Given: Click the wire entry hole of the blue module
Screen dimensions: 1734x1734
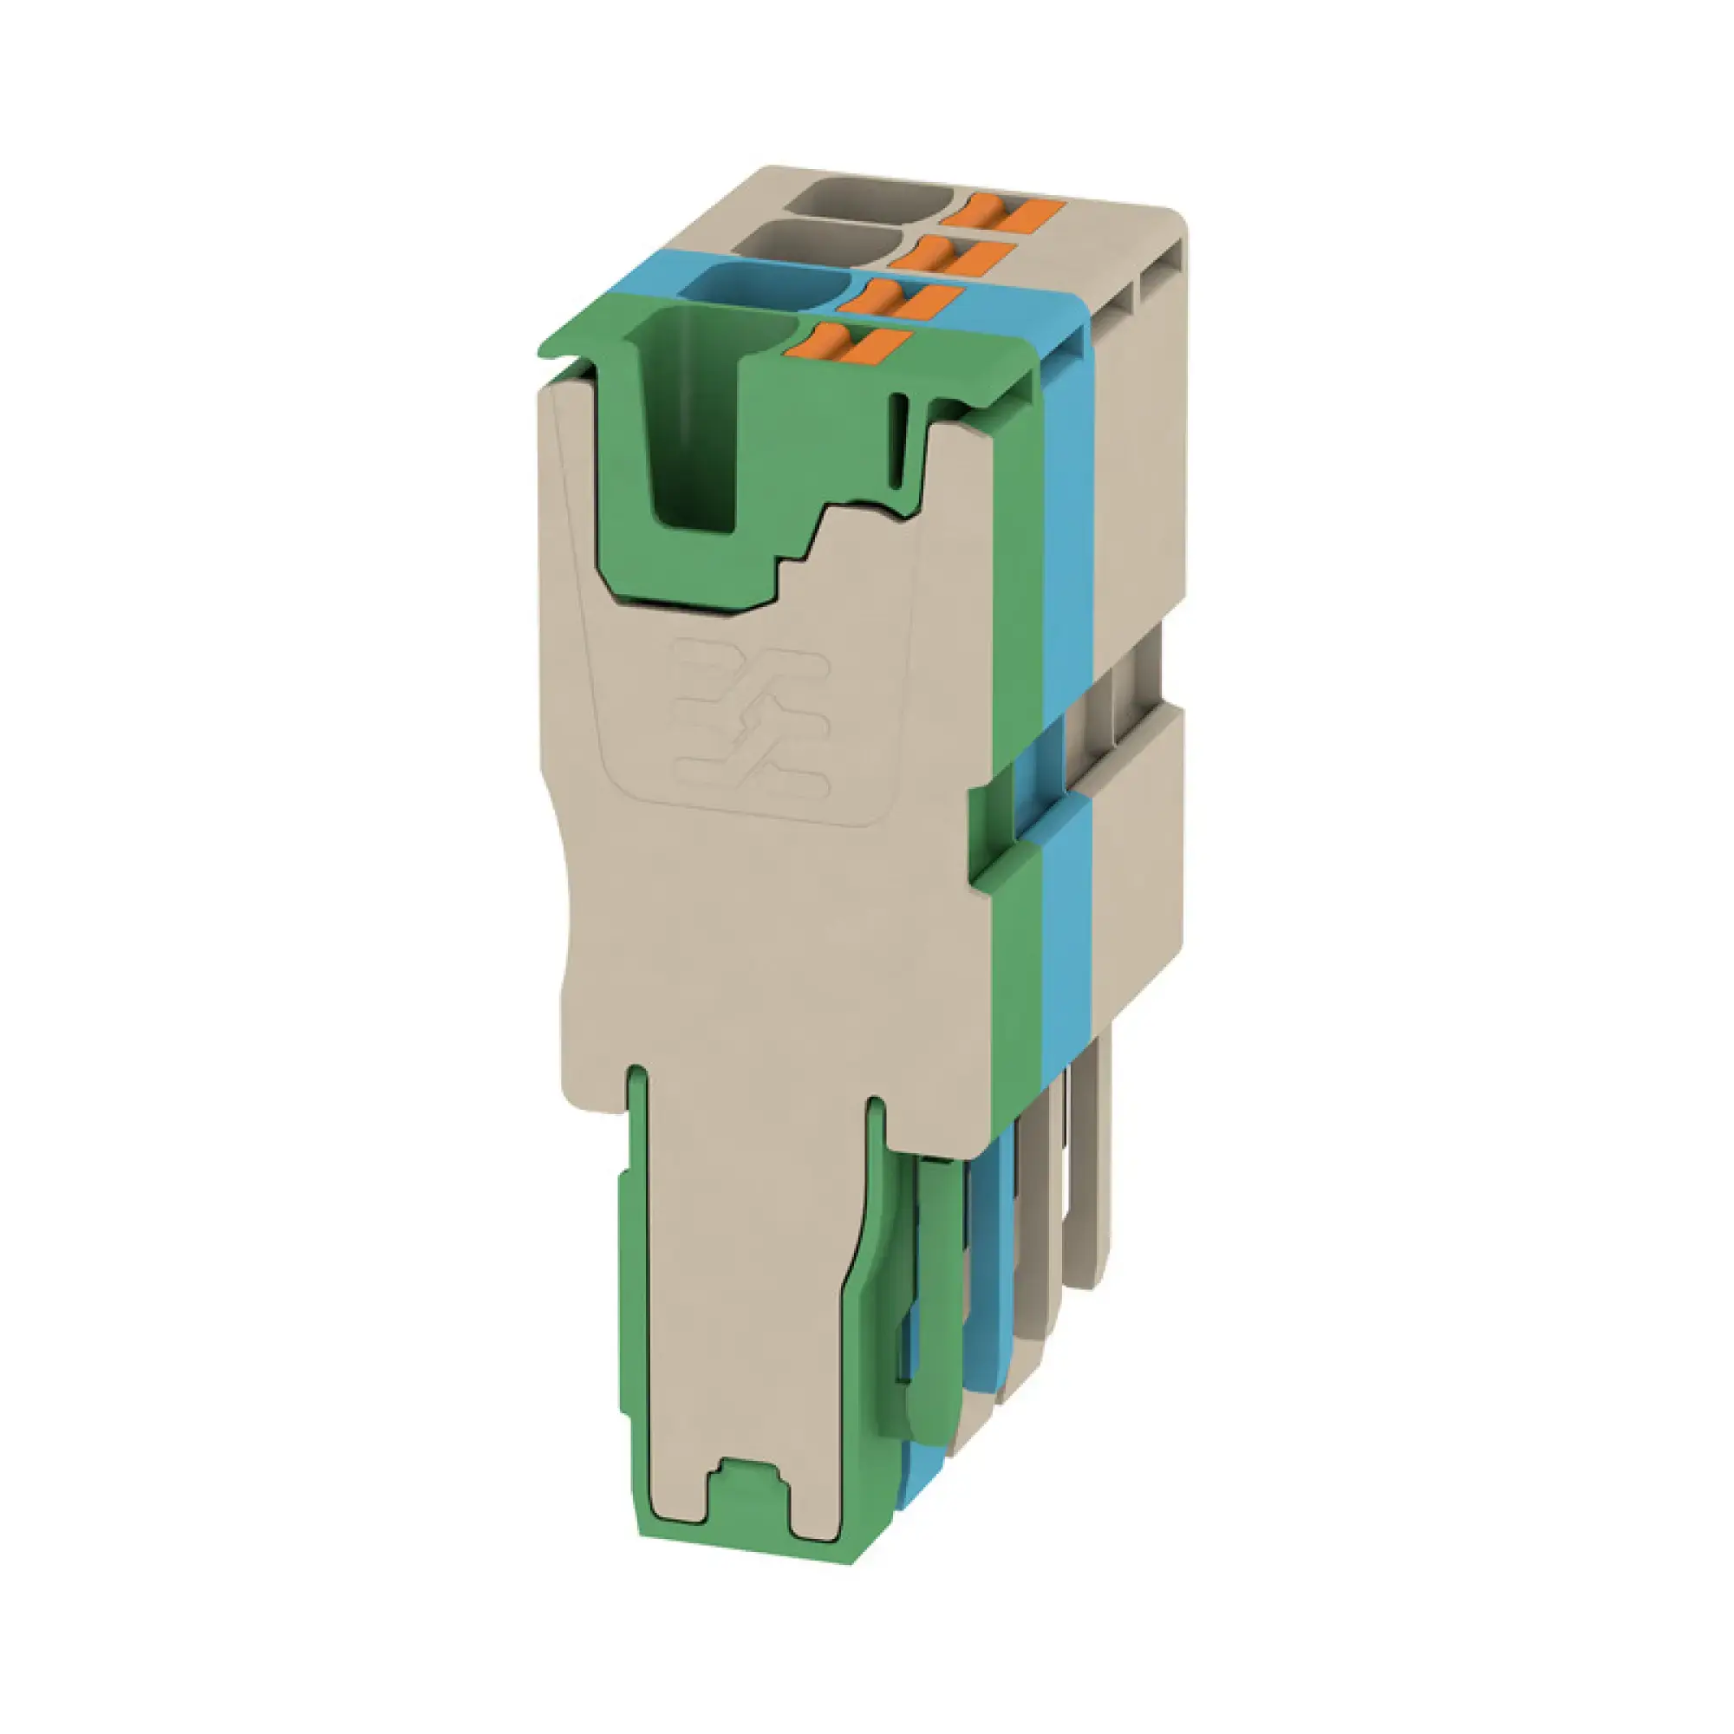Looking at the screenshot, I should [x=766, y=286].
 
